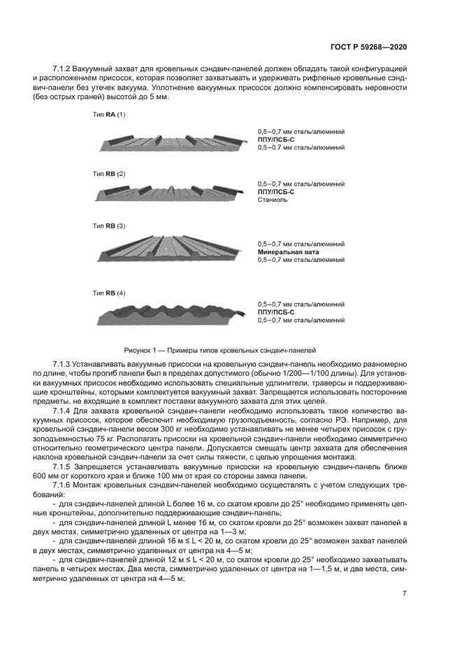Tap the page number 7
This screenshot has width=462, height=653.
(405, 594)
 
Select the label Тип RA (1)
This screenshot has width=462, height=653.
(109, 114)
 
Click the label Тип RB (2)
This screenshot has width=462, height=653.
(109, 173)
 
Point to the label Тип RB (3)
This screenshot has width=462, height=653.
(109, 226)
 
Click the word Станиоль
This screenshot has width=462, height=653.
(272, 200)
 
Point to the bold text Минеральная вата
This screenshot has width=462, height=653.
(288, 251)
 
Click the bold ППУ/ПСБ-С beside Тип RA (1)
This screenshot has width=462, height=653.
(275, 140)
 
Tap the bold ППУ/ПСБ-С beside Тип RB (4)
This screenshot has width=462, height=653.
(275, 312)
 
